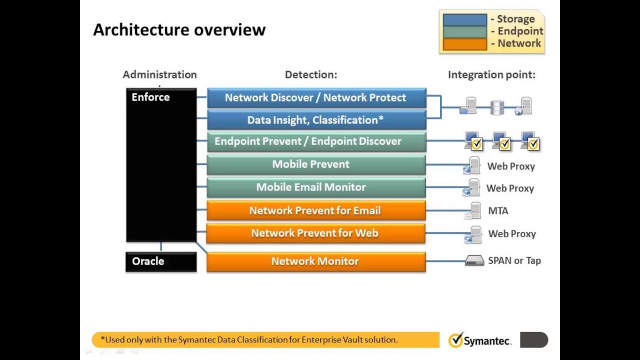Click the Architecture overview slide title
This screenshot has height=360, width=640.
click(179, 30)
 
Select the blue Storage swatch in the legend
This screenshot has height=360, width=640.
click(464, 19)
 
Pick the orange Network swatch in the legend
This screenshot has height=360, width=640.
click(464, 44)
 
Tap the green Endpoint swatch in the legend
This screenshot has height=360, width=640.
click(464, 31)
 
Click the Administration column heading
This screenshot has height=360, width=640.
click(159, 74)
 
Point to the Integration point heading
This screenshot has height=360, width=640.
click(491, 74)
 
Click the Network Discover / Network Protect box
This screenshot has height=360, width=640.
click(316, 98)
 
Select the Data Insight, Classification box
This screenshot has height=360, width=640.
click(316, 120)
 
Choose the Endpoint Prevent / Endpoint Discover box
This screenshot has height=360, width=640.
click(316, 141)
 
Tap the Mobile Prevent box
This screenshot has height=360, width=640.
click(316, 164)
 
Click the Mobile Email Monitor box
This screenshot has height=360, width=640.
click(316, 187)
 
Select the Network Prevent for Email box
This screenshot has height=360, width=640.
click(316, 210)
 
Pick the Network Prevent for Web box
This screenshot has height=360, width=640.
click(316, 233)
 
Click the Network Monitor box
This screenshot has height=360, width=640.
click(316, 261)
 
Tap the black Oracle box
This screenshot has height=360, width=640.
click(160, 261)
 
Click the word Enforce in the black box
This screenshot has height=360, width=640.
click(150, 97)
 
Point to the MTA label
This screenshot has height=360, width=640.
click(498, 211)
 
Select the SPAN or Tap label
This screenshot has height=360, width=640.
click(514, 260)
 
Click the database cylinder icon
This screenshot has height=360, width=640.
click(497, 107)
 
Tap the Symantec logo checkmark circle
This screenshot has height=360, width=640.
click(455, 340)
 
